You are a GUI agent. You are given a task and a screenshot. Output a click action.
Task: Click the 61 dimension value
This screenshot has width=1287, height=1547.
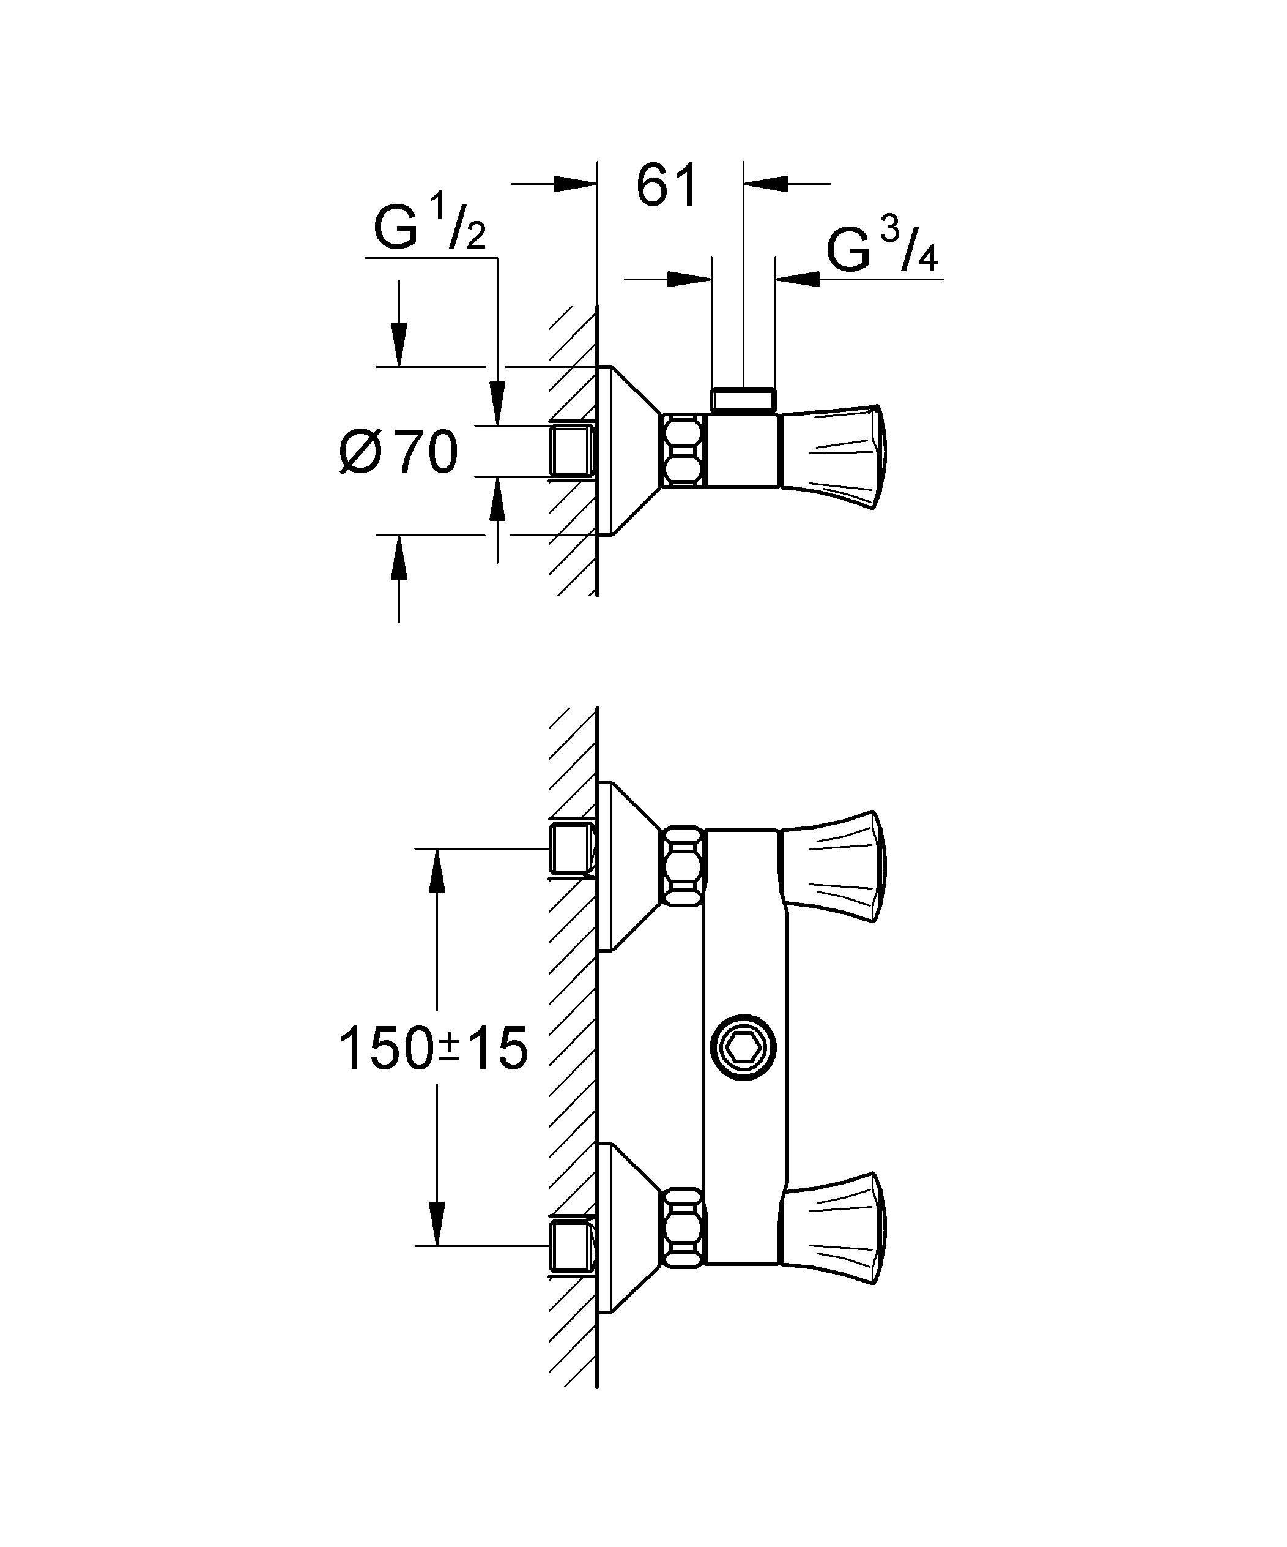(x=666, y=185)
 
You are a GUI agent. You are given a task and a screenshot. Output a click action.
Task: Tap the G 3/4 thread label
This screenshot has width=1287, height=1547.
(x=881, y=250)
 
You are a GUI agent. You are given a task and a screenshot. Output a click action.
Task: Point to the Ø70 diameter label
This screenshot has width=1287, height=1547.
(x=399, y=452)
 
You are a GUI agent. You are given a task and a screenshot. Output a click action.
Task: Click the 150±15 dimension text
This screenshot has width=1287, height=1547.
(x=433, y=1049)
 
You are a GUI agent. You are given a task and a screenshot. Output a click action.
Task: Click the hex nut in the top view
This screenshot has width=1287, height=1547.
(x=683, y=451)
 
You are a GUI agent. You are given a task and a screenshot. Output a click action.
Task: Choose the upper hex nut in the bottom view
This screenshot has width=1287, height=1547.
(x=683, y=865)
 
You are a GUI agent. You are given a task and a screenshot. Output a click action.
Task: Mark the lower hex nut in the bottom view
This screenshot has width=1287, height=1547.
(x=683, y=1227)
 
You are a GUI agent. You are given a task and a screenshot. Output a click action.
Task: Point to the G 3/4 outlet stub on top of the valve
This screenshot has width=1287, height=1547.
(x=744, y=399)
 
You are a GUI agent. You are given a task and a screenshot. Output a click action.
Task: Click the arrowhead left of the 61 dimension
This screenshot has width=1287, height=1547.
(x=574, y=184)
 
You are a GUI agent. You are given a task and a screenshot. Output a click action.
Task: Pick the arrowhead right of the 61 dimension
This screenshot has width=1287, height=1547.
(x=766, y=184)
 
